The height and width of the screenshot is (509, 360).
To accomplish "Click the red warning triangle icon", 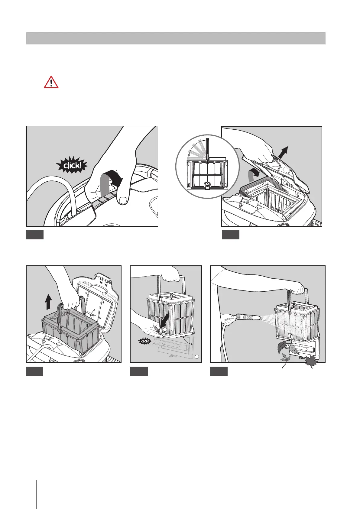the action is tap(51, 82).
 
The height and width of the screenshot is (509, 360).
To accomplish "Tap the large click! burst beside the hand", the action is tap(72, 165).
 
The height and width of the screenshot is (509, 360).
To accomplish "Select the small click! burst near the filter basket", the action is tap(145, 341).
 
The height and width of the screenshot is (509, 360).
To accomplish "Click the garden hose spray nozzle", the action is tap(245, 317).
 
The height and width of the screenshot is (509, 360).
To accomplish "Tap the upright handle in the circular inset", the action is tap(207, 149).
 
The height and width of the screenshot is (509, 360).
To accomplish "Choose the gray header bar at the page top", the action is tap(175, 38).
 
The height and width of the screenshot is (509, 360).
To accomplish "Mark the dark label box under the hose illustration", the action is tap(219, 371).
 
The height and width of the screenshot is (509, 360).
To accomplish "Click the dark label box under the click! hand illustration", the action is tap(35, 235).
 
